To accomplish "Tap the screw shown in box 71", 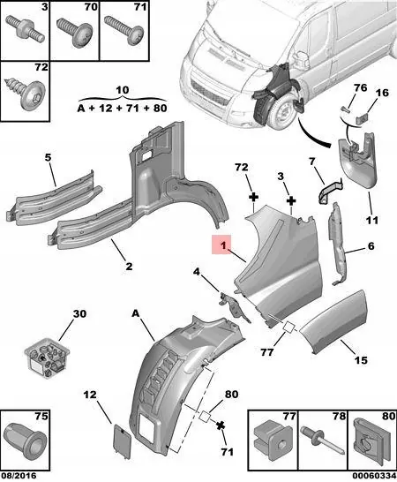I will [x=122, y=35].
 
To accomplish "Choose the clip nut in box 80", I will [x=368, y=438].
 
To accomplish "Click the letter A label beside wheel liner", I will [x=136, y=313].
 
